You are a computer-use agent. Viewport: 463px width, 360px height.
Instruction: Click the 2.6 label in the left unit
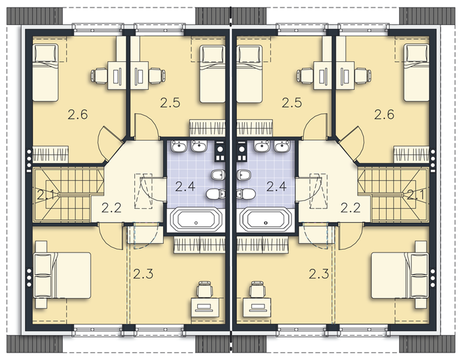pyautogui.click(x=79, y=114)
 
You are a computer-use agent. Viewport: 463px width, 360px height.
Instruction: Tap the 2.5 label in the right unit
pyautogui.click(x=291, y=103)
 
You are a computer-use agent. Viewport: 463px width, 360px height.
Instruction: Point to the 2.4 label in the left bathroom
pyautogui.click(x=185, y=185)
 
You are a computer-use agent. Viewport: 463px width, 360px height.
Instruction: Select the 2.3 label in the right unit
pyautogui.click(x=319, y=274)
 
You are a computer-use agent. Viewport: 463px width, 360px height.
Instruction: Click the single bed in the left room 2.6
pyautogui.click(x=47, y=73)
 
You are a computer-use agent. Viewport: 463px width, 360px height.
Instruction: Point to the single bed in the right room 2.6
pyautogui.click(x=416, y=73)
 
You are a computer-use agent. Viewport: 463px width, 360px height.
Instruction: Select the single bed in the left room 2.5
pyautogui.click(x=212, y=73)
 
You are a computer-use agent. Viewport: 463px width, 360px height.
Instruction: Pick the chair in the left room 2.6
pyautogui.click(x=99, y=76)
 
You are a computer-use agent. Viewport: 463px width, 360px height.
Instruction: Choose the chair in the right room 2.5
pyautogui.click(x=306, y=76)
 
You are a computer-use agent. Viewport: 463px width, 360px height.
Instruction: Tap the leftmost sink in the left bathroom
pyautogui.click(x=178, y=146)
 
